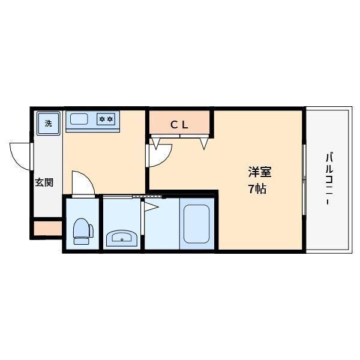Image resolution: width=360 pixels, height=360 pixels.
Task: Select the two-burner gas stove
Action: (106, 119)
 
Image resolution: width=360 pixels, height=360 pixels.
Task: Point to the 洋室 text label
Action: (260, 172)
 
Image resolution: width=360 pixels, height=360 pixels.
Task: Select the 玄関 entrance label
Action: (43, 182)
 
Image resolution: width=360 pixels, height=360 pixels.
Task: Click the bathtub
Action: (196, 225)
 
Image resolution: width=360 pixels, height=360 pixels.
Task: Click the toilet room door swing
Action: (82, 183)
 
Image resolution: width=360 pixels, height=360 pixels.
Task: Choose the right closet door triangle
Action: (204, 143)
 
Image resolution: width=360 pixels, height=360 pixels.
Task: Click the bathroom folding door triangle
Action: (150, 208)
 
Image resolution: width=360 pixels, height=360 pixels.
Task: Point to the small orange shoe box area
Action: (46, 229)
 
